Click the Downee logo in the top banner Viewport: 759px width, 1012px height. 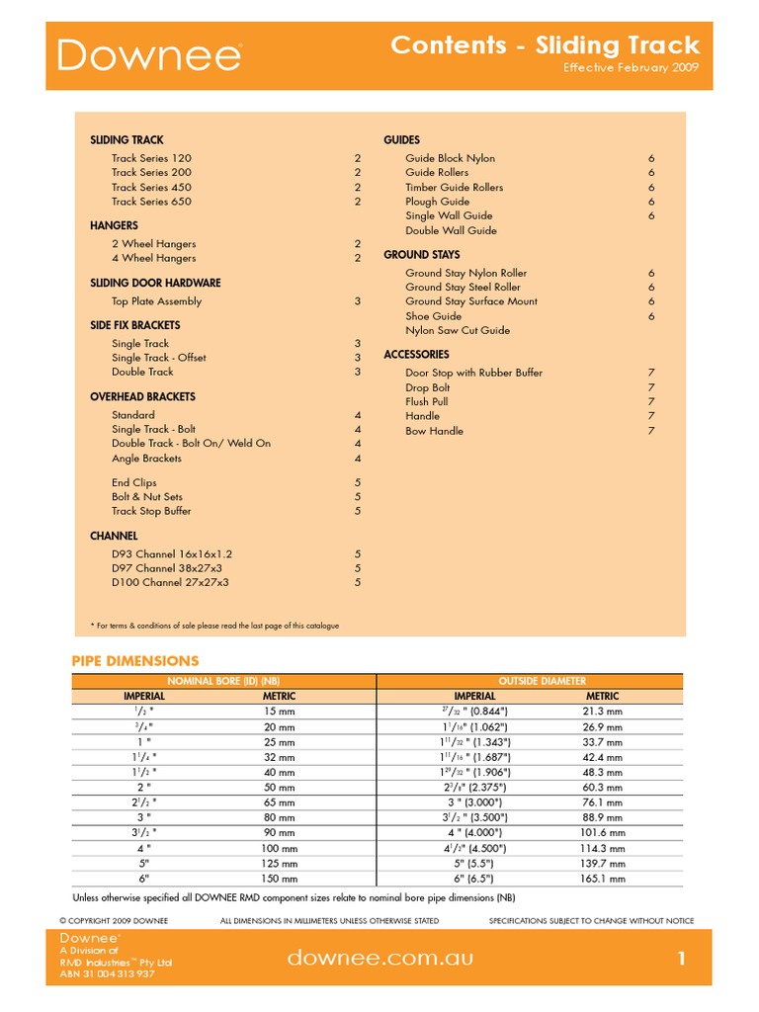[149, 55]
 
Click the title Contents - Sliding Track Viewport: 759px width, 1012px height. [545, 44]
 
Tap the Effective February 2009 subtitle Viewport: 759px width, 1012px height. [631, 68]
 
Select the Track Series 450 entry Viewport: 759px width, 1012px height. [151, 187]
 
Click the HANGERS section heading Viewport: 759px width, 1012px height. [115, 225]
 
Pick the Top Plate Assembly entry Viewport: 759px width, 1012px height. [156, 301]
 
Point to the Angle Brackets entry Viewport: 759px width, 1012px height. [146, 459]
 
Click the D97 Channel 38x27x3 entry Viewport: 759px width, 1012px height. [167, 568]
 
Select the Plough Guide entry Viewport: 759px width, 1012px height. [437, 202]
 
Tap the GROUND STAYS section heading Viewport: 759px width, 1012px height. [422, 255]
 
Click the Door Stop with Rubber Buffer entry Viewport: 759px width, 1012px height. [473, 373]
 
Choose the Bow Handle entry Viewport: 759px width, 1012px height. [434, 431]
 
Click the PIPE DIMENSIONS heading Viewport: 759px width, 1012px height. [135, 660]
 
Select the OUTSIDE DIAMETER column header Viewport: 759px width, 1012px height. [542, 681]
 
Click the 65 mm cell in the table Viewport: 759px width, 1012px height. [279, 803]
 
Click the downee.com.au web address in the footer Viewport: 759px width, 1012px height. [379, 958]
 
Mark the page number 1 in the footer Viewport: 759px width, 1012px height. [681, 958]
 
